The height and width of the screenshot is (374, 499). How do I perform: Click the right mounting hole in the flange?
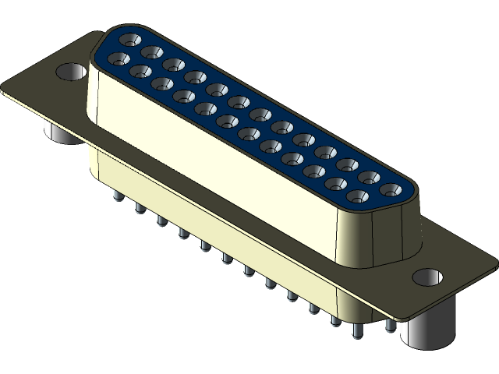[426, 277]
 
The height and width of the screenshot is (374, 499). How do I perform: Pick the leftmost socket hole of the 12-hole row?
[119, 58]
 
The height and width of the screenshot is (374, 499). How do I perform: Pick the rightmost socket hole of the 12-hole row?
[359, 196]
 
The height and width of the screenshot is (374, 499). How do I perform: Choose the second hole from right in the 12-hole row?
[337, 184]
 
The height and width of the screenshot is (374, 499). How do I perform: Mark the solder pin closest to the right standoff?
[390, 323]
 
